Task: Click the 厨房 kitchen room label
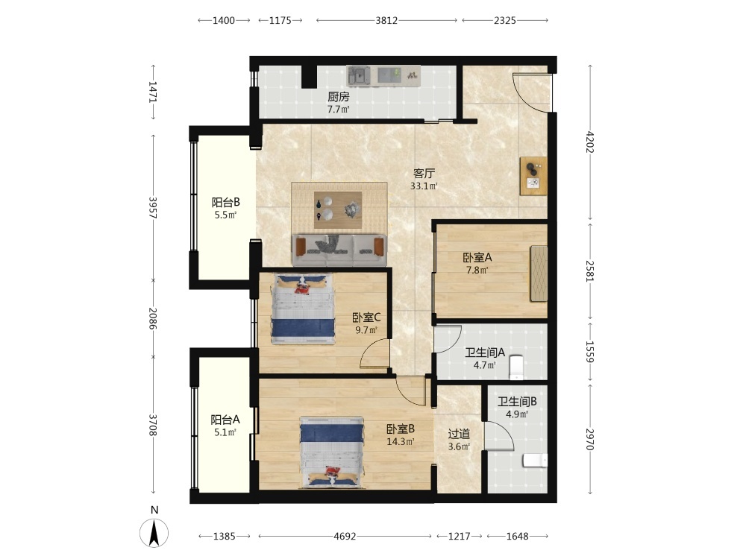(x=338, y=97)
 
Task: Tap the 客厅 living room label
(x=424, y=173)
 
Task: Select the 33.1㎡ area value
(x=424, y=186)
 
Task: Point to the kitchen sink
(x=360, y=76)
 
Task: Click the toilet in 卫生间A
(x=516, y=367)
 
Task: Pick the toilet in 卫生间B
(x=535, y=461)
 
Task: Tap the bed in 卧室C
(x=303, y=309)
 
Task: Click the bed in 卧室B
(x=332, y=452)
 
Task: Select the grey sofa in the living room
(x=339, y=250)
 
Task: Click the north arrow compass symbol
(x=154, y=532)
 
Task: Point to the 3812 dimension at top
(x=386, y=20)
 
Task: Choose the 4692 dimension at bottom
(x=345, y=536)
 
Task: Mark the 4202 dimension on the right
(x=590, y=142)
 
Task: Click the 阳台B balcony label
(x=225, y=202)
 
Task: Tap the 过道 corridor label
(x=459, y=434)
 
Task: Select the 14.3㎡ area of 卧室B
(x=400, y=441)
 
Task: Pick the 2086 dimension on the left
(x=153, y=318)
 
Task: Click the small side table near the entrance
(x=533, y=176)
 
